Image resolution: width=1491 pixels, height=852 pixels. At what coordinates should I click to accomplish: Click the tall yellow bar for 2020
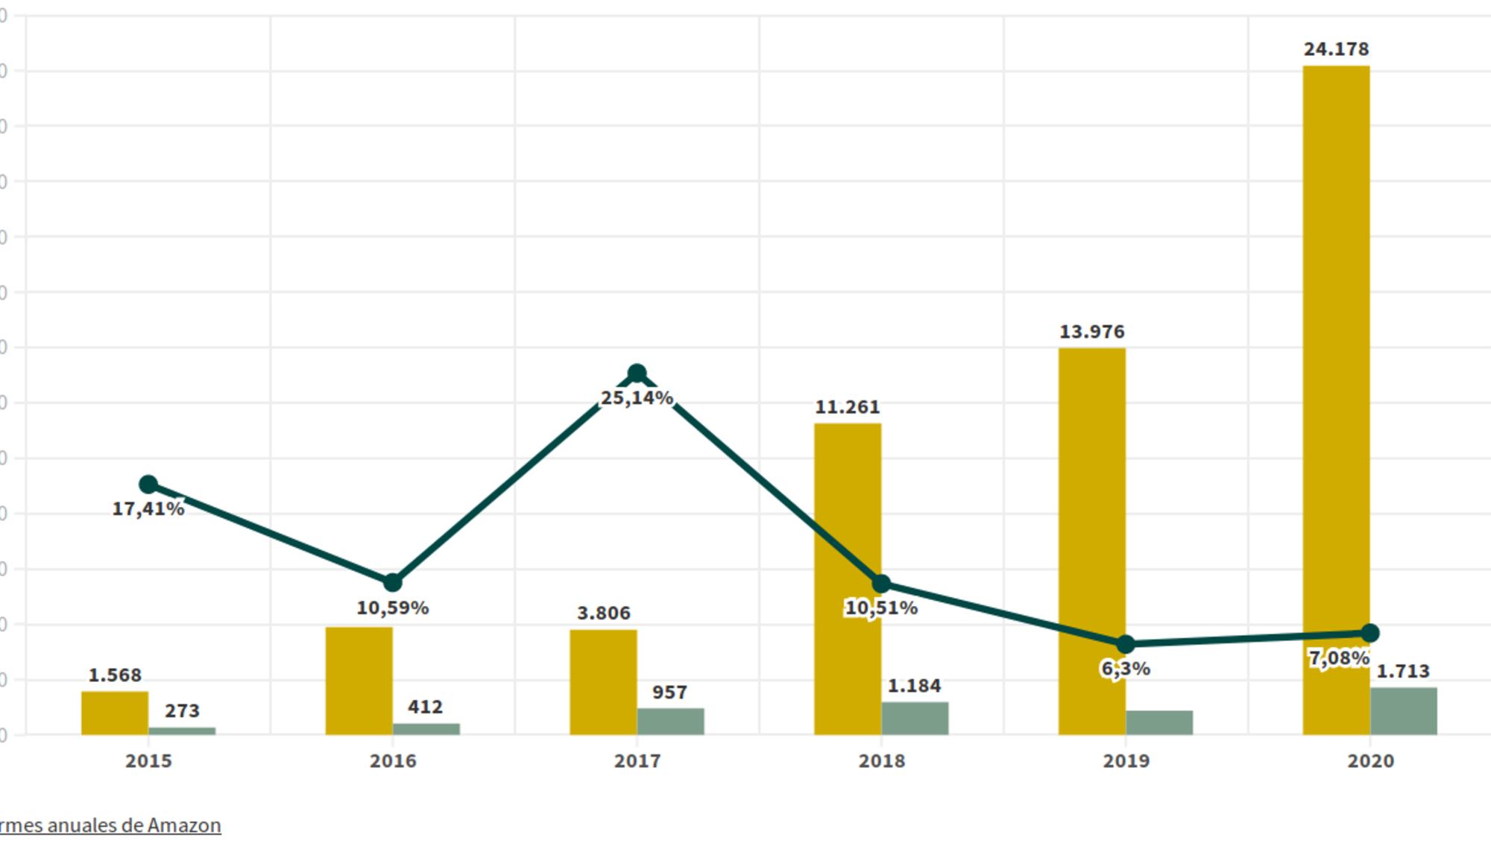click(x=1336, y=373)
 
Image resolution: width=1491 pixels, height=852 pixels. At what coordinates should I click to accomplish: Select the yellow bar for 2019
click(x=1091, y=522)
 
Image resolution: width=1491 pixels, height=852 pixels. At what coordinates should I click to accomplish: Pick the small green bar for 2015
click(x=182, y=731)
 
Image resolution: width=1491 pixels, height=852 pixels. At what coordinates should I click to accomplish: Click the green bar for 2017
click(x=670, y=722)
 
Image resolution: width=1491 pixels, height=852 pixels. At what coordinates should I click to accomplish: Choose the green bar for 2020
click(x=1403, y=711)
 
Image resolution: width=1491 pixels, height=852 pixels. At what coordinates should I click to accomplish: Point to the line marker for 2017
click(x=637, y=373)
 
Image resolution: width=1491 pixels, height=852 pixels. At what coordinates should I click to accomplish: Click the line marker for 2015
click(x=148, y=485)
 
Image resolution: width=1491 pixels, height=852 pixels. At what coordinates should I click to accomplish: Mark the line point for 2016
click(x=392, y=582)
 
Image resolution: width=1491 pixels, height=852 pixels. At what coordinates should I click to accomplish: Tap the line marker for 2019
click(x=1126, y=644)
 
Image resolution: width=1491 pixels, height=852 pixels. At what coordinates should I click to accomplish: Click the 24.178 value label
click(x=1336, y=49)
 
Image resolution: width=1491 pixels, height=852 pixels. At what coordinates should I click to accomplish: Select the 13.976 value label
click(x=1091, y=332)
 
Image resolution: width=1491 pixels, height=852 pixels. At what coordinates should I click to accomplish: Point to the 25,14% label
click(x=637, y=399)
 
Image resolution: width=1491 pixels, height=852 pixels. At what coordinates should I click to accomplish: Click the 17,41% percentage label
click(x=148, y=509)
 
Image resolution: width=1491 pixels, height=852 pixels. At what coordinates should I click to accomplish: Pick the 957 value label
click(x=669, y=692)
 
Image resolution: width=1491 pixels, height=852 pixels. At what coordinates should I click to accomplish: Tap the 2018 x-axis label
click(x=881, y=761)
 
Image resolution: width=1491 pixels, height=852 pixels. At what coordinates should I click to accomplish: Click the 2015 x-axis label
click(x=148, y=761)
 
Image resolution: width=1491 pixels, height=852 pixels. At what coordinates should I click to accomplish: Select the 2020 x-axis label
click(x=1370, y=761)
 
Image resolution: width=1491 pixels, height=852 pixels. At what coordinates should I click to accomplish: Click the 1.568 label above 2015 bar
click(x=115, y=675)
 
